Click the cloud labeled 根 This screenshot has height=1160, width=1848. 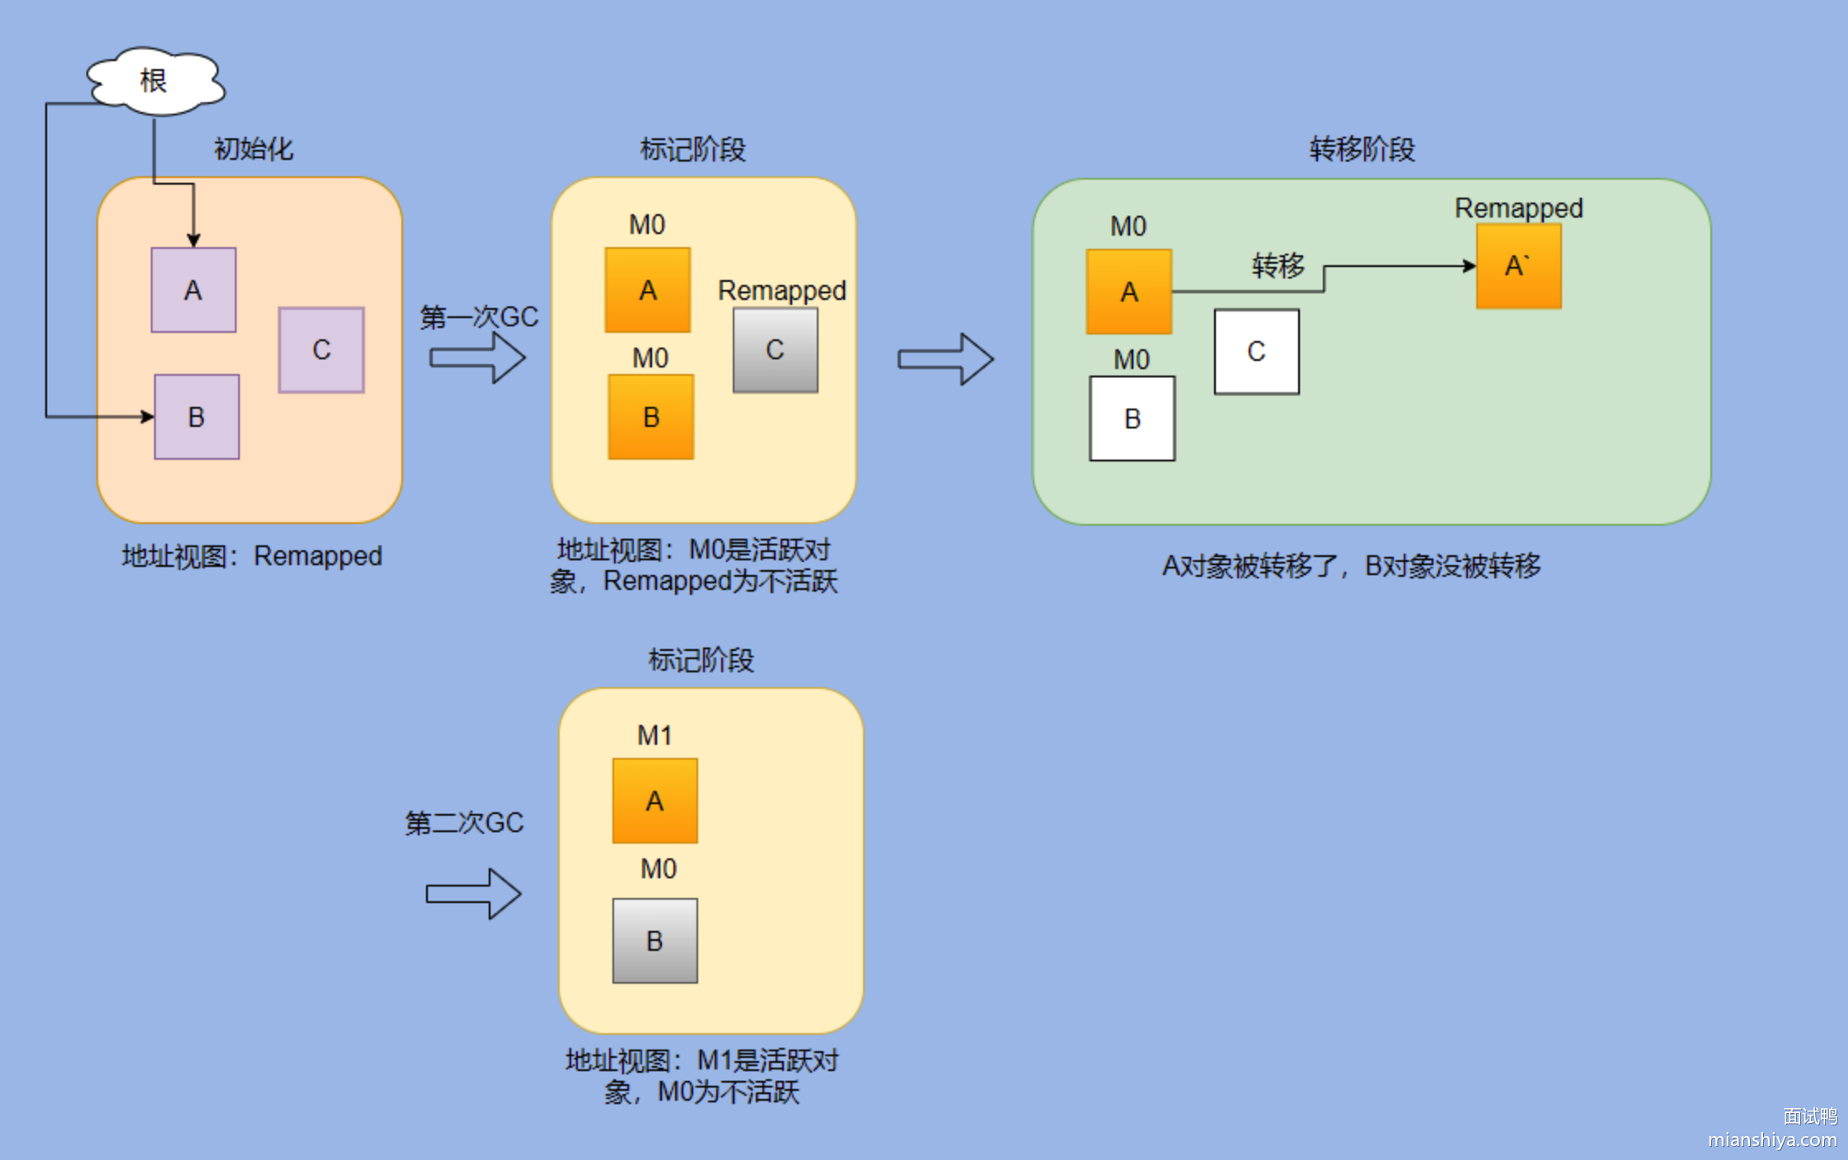point(155,81)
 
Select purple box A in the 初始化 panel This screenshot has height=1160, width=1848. point(194,290)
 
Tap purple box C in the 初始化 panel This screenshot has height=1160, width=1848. point(321,350)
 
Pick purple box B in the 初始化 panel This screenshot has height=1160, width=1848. point(197,417)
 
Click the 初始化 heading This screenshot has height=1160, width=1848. point(253,149)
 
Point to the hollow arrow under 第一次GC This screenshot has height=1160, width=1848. point(477,358)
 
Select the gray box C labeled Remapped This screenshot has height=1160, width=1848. point(776,350)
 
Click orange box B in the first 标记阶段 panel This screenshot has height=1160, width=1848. point(651,417)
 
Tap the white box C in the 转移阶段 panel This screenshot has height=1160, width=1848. point(1256,352)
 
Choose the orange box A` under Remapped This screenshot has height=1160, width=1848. point(1518,266)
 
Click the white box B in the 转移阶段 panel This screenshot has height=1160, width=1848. point(1133,419)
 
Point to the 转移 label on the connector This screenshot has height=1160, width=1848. point(1278,265)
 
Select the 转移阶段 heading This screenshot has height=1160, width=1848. point(1362,149)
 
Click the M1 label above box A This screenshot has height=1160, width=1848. point(654,735)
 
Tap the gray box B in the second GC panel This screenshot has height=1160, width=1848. point(654,941)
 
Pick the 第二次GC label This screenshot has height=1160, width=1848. point(464,822)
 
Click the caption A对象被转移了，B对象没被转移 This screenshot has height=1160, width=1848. point(1351,566)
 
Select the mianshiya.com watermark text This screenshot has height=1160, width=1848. point(1772,1139)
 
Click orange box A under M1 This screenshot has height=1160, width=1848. point(654,801)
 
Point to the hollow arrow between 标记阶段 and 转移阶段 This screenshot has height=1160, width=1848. point(945,359)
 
